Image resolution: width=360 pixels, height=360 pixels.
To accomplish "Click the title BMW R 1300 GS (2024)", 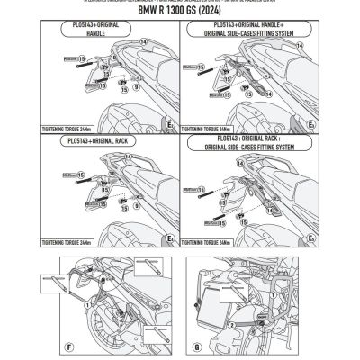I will [180, 13].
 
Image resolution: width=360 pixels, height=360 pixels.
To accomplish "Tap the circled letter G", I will [195, 346].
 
